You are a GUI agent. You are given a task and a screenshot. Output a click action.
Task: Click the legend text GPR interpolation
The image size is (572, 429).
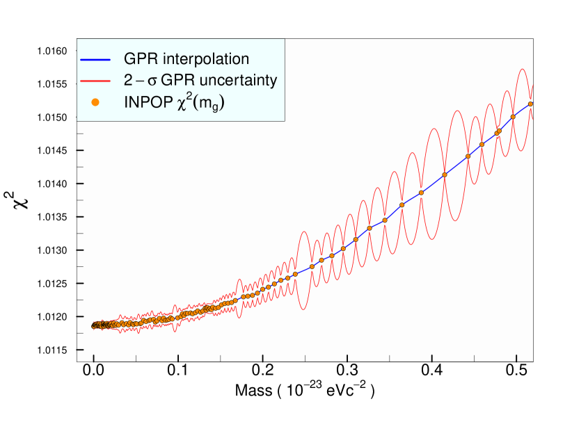click(x=186, y=58)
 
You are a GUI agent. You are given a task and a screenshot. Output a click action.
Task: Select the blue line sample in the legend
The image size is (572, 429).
click(x=96, y=58)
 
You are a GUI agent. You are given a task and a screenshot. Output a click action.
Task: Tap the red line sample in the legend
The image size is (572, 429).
click(x=96, y=80)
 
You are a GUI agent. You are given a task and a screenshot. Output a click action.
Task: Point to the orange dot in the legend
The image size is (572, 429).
click(x=96, y=102)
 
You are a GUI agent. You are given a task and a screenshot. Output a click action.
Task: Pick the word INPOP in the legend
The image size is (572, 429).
click(x=147, y=102)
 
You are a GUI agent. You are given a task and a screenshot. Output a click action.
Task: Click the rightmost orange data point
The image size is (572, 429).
click(x=530, y=104)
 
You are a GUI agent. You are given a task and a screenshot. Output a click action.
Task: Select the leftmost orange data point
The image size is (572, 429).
click(x=93, y=325)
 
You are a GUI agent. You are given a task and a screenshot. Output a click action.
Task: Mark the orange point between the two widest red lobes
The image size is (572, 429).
click(x=444, y=175)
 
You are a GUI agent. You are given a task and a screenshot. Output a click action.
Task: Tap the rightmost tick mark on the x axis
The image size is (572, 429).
click(x=516, y=357)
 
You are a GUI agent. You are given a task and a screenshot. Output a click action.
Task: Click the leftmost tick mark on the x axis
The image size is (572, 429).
click(x=94, y=357)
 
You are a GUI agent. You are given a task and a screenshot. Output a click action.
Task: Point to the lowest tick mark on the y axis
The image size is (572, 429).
click(x=80, y=350)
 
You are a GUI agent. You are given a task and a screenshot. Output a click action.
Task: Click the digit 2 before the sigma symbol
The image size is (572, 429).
click(x=128, y=80)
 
